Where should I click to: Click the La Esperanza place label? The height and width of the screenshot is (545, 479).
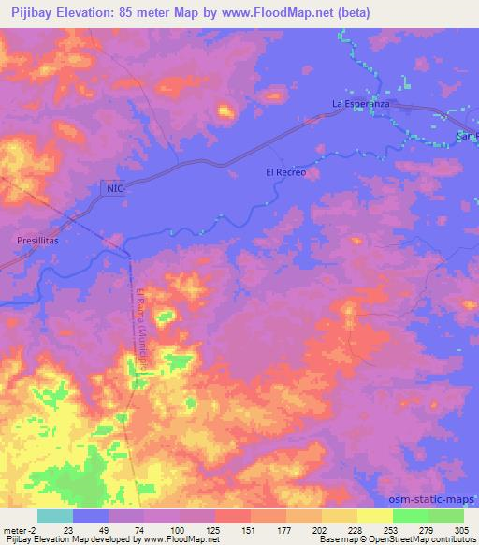coord(360,103)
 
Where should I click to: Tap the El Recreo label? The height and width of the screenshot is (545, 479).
coord(286,173)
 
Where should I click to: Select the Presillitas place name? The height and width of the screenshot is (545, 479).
coord(39,241)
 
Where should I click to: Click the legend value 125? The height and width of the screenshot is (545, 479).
coord(196,530)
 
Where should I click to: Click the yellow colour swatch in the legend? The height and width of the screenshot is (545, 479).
coord(375,516)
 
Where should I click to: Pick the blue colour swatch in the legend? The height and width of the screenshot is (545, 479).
coord(91,516)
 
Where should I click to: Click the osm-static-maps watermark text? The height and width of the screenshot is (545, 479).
coord(432,503)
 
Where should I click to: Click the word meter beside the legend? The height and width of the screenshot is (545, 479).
coord(15,530)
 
